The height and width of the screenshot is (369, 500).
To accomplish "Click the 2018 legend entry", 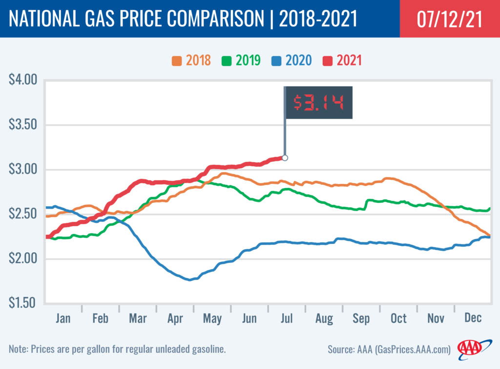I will click(191, 61).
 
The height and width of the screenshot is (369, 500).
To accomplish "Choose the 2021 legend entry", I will click(342, 61).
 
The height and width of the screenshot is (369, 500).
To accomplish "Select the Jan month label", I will click(63, 319).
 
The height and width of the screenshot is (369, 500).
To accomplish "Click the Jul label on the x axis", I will click(287, 319).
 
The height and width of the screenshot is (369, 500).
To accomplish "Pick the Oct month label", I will click(398, 319).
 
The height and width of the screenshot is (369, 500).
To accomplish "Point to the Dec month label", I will click(473, 319).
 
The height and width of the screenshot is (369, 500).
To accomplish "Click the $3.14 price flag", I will click(318, 103).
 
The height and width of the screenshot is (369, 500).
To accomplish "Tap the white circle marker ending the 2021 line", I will click(285, 158).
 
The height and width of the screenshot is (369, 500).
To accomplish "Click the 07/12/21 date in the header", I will click(449, 20).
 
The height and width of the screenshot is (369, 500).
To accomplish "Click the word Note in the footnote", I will click(18, 349).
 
